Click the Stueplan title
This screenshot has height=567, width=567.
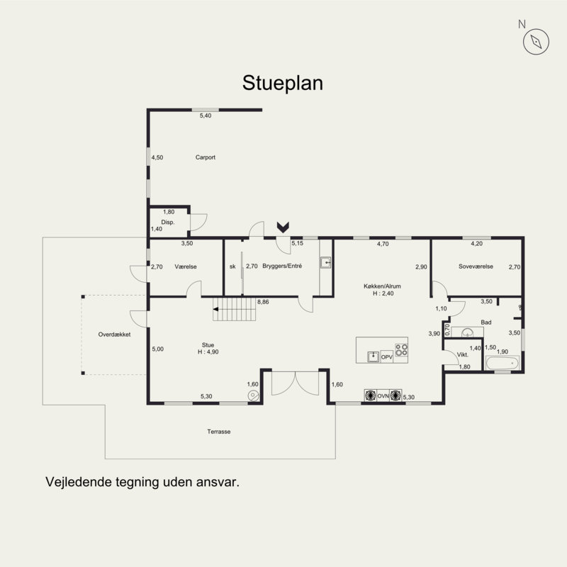click(282, 84)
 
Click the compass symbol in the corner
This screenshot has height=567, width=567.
click(536, 42)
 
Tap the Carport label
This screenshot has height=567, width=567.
click(206, 157)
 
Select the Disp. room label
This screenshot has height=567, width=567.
click(168, 223)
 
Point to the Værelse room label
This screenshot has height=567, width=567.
click(186, 266)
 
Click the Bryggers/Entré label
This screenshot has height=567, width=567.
click(282, 266)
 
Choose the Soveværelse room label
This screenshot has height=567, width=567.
click(476, 266)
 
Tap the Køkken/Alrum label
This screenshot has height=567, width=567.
click(382, 286)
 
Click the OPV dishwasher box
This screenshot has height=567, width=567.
click(386, 357)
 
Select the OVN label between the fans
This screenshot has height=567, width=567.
click(383, 396)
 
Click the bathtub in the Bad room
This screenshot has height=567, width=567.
click(503, 363)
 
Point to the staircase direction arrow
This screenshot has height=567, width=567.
click(216, 309)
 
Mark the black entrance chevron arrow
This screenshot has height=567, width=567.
click(283, 227)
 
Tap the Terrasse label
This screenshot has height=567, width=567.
click(219, 432)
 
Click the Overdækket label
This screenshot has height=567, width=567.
click(114, 335)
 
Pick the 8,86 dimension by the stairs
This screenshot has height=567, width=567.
click(263, 302)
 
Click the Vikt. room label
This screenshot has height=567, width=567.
click(463, 355)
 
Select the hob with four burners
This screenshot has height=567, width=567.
click(401, 350)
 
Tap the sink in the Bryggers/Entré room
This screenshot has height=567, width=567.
click(325, 262)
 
